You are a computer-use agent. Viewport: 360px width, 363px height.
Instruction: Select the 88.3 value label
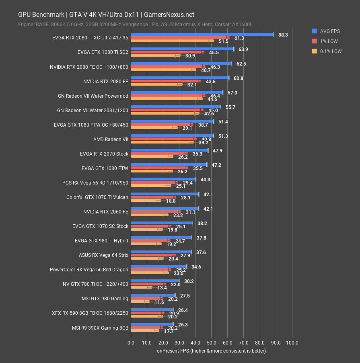283,35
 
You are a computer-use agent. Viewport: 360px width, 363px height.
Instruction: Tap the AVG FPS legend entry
326,31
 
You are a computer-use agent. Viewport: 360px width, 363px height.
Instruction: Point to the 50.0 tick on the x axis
211,343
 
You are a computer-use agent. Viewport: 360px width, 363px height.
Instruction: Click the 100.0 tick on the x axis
292,343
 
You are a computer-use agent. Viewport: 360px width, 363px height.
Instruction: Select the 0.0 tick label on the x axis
131,343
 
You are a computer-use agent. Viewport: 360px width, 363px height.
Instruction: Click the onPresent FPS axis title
211,351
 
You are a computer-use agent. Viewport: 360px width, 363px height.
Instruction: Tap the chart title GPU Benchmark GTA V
106,15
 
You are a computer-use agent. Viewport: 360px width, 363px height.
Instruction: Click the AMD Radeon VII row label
111,139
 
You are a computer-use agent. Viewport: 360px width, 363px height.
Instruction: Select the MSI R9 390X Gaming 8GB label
105,328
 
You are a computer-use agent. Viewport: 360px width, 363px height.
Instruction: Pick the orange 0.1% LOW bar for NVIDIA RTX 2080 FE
156,84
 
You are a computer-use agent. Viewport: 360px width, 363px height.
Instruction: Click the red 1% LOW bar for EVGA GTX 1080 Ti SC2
167,52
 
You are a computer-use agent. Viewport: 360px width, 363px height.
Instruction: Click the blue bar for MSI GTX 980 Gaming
153,295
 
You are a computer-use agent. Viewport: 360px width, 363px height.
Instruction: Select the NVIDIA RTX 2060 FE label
106,212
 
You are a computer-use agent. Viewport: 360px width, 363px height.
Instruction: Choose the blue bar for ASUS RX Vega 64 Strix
161,252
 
